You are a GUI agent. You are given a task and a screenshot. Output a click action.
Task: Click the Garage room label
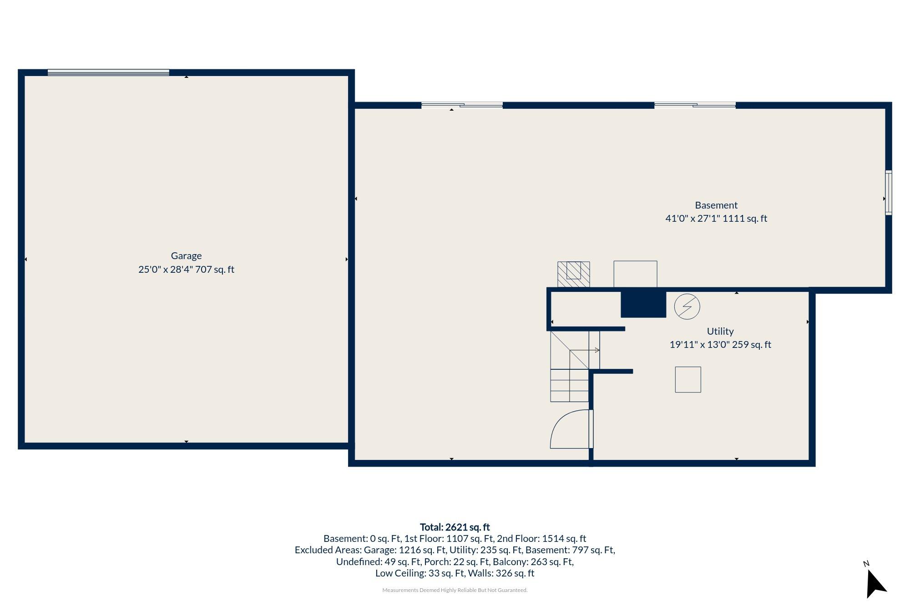(186, 256)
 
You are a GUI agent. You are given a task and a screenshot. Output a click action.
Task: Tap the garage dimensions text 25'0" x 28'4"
(166, 270)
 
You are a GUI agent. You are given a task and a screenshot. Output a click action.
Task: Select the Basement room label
(716, 205)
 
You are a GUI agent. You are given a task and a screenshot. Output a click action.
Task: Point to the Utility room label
(720, 332)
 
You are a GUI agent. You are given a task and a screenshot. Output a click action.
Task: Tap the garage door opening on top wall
(108, 72)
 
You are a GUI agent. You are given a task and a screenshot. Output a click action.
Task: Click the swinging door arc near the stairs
(569, 429)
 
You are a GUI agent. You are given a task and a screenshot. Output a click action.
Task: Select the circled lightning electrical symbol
(687, 306)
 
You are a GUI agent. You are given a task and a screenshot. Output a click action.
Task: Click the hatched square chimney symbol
(573, 274)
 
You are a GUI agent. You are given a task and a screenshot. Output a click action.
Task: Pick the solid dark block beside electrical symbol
(643, 303)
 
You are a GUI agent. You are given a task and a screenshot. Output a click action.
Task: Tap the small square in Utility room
(688, 379)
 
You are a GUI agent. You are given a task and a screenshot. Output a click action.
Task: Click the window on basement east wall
(888, 193)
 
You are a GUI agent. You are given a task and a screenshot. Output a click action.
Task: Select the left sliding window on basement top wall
(461, 105)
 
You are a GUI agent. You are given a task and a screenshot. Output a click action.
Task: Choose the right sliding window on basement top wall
(694, 105)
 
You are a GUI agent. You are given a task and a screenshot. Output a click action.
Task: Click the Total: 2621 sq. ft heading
(454, 527)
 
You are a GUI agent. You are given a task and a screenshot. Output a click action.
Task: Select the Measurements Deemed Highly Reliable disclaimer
(455, 590)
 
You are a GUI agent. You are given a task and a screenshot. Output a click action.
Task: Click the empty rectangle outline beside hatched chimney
(635, 274)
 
